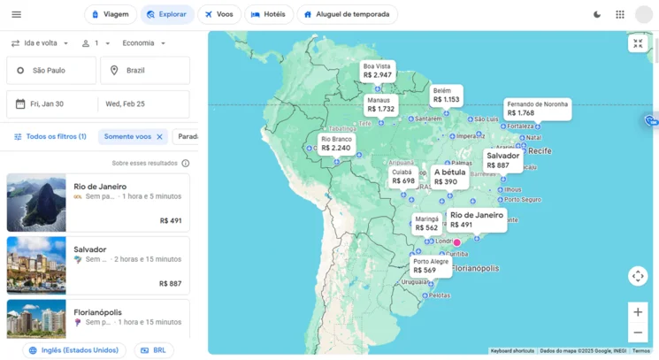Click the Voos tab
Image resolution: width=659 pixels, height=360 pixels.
[218, 14]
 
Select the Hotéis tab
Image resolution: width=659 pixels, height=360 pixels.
[268, 14]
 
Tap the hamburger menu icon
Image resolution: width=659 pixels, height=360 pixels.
[16, 14]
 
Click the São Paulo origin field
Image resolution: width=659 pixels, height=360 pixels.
[51, 70]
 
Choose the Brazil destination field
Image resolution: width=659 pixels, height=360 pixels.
[145, 70]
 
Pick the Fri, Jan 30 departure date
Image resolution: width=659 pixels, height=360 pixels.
[51, 104]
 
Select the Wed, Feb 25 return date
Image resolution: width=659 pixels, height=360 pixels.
[143, 104]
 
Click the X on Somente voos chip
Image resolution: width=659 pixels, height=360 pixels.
[159, 137]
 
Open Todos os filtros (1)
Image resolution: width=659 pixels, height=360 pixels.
[50, 137]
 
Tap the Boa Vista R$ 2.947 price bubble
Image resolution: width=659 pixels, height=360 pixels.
[377, 71]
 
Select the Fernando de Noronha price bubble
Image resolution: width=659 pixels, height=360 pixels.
[536, 109]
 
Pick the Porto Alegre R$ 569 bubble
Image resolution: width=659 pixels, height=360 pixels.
[431, 266]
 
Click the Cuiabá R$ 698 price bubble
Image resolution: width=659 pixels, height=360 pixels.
[402, 177]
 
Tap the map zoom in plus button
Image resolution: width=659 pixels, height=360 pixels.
[637, 311]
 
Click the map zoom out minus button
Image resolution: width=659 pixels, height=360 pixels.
[637, 333]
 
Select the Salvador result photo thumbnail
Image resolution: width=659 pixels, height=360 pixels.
[36, 265]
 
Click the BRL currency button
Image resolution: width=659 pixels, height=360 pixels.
[153, 350]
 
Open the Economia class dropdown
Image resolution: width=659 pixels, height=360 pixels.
[143, 43]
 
